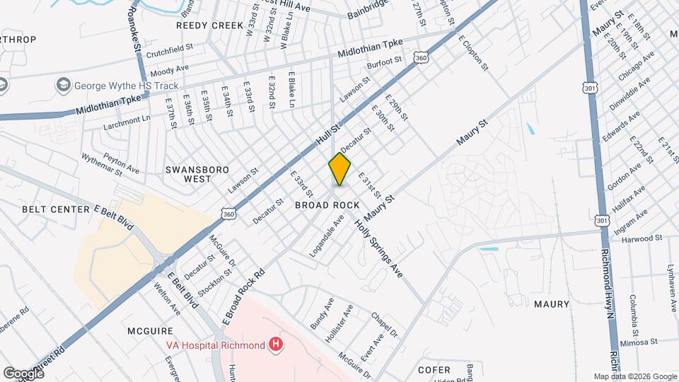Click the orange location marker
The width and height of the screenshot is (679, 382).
[339, 169]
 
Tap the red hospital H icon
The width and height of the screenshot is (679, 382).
[276, 345]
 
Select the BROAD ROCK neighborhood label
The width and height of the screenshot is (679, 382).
[326, 204]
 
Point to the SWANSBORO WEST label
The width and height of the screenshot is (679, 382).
[188, 174]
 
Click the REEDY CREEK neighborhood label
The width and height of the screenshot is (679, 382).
[209, 25]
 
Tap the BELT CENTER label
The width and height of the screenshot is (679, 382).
[56, 209]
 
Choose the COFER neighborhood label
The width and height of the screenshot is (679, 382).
[434, 369]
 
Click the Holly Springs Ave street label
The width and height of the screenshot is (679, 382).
[378, 247]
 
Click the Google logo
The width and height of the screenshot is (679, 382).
[23, 373]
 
